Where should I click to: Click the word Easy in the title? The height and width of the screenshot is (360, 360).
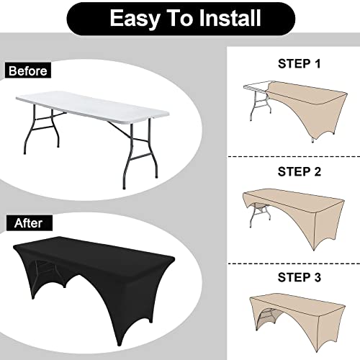135,19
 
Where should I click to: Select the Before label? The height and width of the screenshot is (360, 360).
28,71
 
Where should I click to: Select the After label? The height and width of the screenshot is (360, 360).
29,223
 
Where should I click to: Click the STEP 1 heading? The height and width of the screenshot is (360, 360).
300,63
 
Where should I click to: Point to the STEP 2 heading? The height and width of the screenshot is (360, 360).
300,171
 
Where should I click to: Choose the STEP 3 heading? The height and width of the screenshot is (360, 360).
300,277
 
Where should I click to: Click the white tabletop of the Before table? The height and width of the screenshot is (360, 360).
92,105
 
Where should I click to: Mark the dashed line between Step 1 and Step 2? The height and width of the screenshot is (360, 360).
294,156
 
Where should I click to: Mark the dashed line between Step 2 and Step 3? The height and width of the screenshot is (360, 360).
294,264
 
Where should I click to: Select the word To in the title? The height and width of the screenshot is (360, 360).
181,18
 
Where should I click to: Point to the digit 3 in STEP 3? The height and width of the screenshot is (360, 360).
318,277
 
